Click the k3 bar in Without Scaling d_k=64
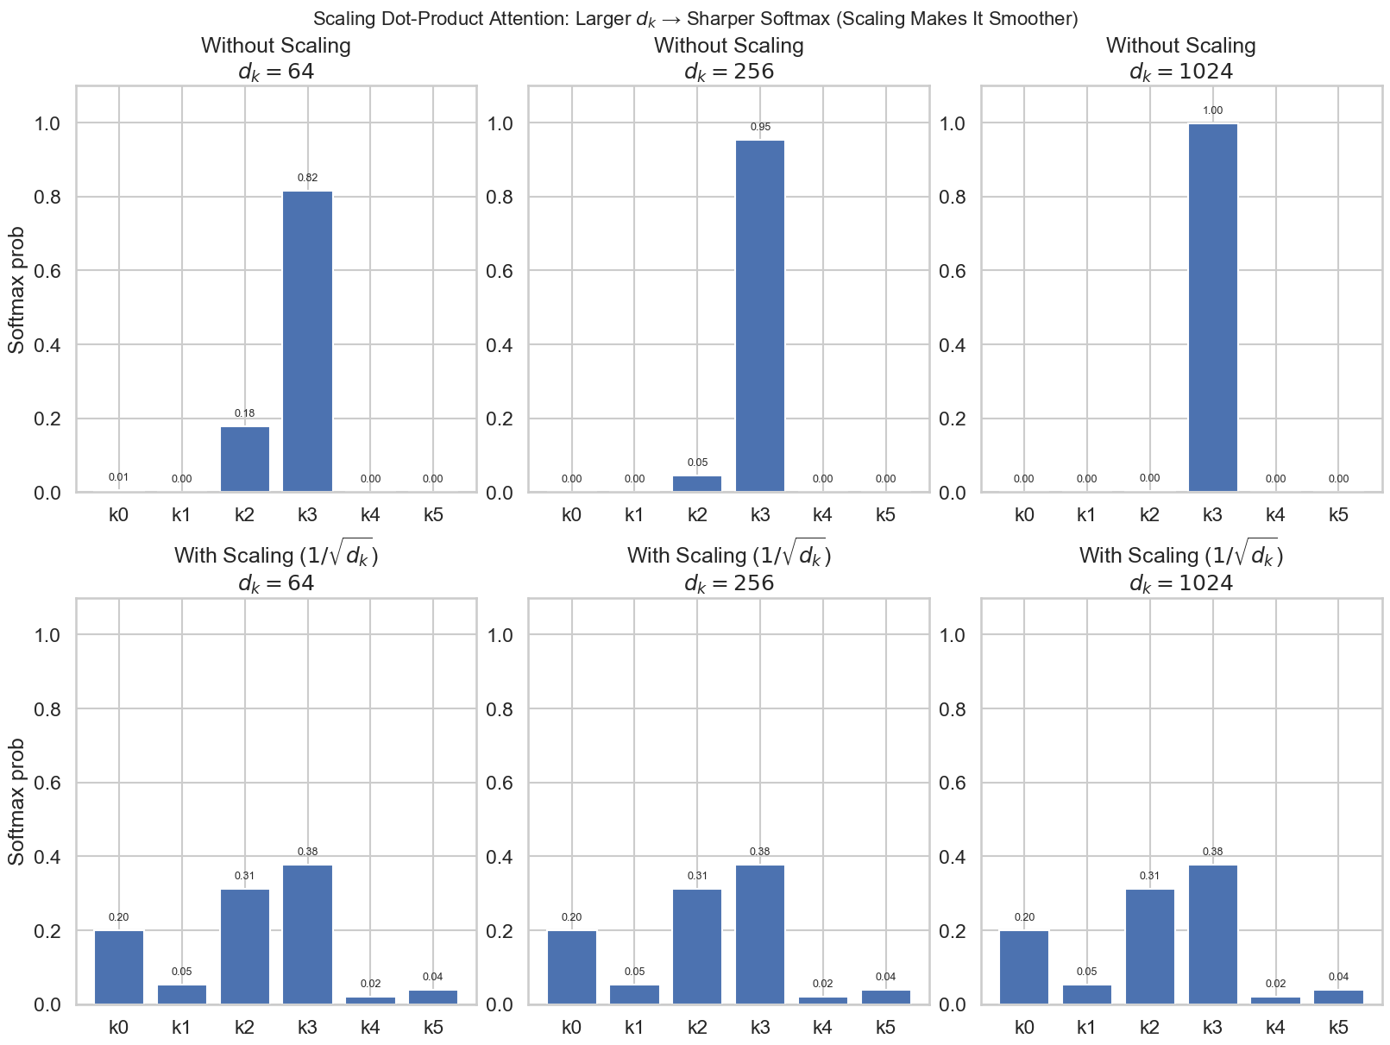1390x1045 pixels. click(307, 341)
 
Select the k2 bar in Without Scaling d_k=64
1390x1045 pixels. click(245, 459)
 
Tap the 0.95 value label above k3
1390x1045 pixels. click(760, 127)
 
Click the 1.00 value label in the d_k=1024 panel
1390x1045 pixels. click(1212, 110)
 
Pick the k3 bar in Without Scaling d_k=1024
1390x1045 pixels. click(1212, 308)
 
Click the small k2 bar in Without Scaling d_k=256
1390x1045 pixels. click(697, 483)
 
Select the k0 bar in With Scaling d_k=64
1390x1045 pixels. click(119, 967)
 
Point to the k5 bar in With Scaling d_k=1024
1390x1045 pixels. click(1338, 997)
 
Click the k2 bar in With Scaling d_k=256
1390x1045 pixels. click(697, 947)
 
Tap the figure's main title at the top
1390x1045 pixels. click(695, 18)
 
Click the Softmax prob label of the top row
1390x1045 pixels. click(16, 290)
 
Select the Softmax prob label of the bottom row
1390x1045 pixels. click(16, 802)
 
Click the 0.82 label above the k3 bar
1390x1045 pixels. click(307, 178)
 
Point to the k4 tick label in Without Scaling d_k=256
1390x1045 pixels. click(822, 515)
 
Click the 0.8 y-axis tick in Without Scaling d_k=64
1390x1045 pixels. click(48, 198)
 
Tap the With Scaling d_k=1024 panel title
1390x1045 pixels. click(1180, 570)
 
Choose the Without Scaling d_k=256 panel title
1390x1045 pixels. click(729, 58)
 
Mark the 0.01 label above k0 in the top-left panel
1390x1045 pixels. click(119, 477)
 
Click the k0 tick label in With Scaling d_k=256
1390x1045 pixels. click(571, 1028)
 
